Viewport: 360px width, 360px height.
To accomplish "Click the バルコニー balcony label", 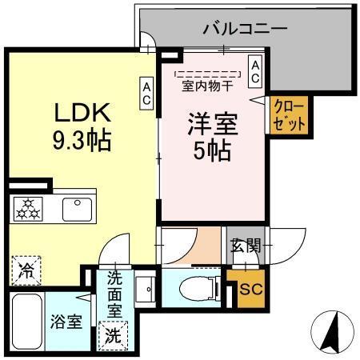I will (x=245, y=30).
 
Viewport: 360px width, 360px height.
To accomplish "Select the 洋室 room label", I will (x=210, y=126).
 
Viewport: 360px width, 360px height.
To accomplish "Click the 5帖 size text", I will (x=210, y=150).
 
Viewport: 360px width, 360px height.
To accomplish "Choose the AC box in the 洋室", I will (x=254, y=72).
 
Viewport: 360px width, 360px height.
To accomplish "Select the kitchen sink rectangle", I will (x=77, y=209).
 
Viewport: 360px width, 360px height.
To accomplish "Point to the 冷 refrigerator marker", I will (x=23, y=268).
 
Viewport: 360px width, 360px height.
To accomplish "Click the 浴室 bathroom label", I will (x=66, y=322).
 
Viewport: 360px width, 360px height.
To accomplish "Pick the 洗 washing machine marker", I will (x=113, y=334).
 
